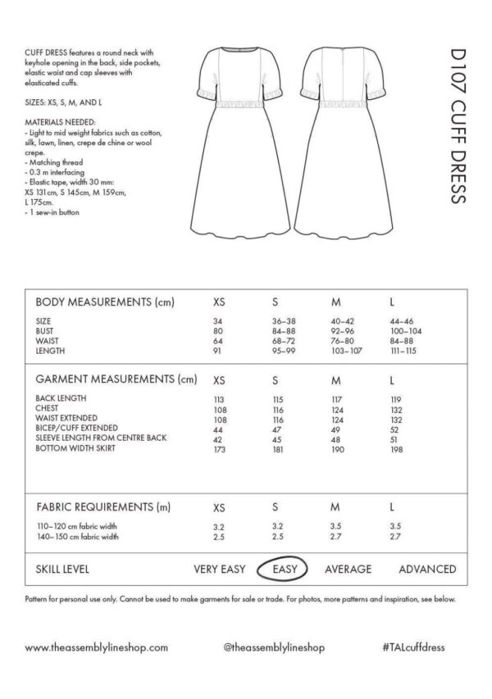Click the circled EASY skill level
[x=282, y=568]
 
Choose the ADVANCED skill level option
[x=427, y=569]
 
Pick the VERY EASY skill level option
[x=221, y=569]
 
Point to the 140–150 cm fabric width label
[x=79, y=537]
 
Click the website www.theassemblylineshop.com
[x=97, y=647]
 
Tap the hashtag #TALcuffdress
[x=413, y=647]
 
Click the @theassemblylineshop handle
[x=274, y=647]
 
